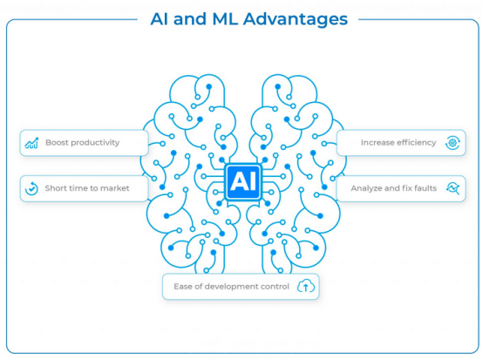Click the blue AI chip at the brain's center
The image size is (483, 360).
coord(243,181)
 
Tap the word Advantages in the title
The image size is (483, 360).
coord(296,19)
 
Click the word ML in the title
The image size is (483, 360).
coord(225,19)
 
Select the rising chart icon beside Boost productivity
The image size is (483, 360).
coord(31,143)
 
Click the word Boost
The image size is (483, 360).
coord(55,143)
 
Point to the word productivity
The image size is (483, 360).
coord(92,143)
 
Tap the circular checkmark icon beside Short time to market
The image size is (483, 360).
coord(31,188)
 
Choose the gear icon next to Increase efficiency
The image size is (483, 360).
coord(452,143)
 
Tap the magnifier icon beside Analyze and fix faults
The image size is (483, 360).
coord(453,188)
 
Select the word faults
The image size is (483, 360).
coord(426,188)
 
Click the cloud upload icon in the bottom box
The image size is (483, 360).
coord(306,286)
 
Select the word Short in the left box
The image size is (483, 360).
coord(54,188)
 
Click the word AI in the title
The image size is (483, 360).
coord(159,19)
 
